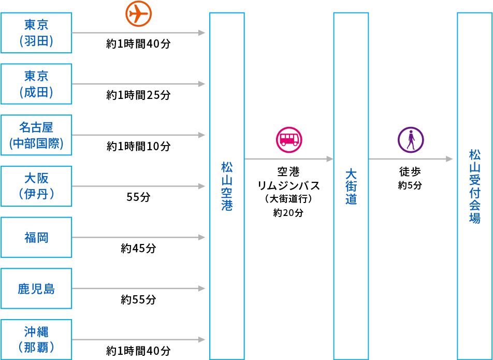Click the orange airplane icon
[138, 13]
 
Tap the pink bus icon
[288, 139]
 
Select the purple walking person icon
[411, 139]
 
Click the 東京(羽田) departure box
[36, 33]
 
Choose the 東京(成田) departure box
[36, 84]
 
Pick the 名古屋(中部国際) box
[36, 135]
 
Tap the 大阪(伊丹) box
[36, 186]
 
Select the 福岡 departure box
[36, 237]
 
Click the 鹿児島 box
[36, 289]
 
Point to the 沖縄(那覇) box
[36, 339]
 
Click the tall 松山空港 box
[227, 186]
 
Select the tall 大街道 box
[351, 186]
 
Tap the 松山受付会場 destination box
[474, 186]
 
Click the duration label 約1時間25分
[138, 95]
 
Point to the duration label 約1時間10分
[138, 147]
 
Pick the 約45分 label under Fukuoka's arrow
[138, 249]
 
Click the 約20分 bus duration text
[288, 212]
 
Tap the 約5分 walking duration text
[410, 185]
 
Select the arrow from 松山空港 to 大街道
[288, 159]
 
